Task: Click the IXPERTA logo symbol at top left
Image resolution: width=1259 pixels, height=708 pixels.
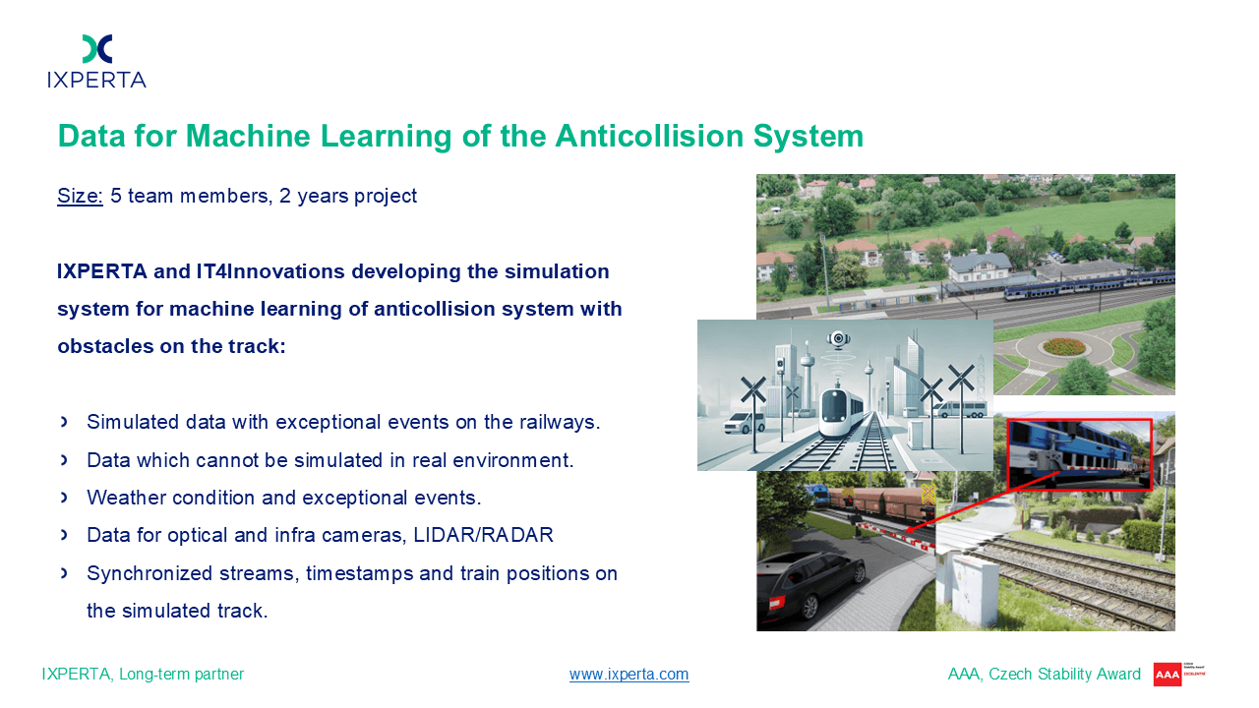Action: coord(97,49)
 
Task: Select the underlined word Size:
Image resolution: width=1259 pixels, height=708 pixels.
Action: coord(80,196)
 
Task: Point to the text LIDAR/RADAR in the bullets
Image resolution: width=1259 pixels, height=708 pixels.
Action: coord(483,535)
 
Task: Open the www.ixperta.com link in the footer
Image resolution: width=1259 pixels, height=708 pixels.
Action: coord(629,674)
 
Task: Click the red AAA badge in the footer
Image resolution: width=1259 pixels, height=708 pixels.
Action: coord(1167,675)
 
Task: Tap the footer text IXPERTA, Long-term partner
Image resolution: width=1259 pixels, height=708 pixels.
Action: coord(143,674)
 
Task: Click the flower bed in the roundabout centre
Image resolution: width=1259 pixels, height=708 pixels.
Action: coord(1064,346)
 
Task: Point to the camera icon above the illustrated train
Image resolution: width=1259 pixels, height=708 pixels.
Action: coord(838,339)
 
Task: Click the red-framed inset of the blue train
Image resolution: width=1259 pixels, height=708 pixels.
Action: coord(1079,454)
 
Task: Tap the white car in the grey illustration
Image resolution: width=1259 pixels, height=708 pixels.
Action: coord(744,424)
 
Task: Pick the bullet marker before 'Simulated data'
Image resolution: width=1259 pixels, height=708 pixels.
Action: coord(64,422)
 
